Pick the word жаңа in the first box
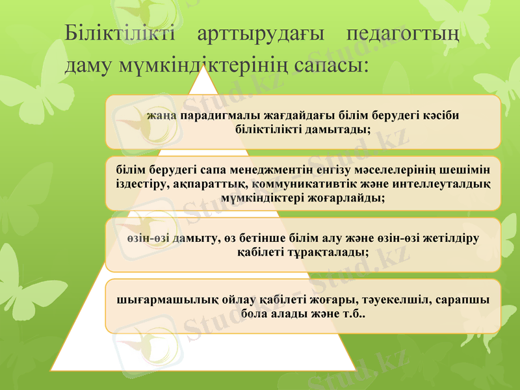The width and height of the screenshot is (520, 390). click(162, 116)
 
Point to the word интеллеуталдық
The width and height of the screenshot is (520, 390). click(441, 184)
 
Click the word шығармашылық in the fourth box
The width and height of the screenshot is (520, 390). click(157, 300)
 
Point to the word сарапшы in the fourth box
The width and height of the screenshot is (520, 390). click(464, 300)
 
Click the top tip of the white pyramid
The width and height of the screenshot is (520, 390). click(204, 67)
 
